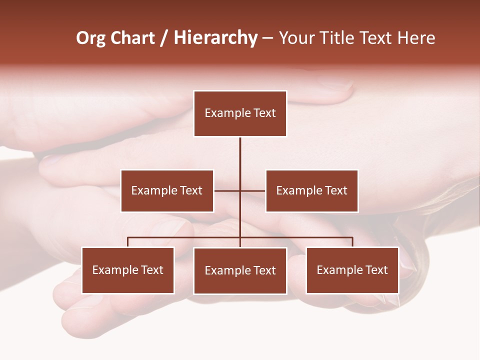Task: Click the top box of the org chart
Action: coord(240,113)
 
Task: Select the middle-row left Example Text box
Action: coord(167,190)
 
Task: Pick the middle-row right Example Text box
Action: coord(311,190)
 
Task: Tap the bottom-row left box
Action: coord(128,270)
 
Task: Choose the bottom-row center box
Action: coord(240,270)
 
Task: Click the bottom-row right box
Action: coord(352,270)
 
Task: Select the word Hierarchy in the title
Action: coord(215,38)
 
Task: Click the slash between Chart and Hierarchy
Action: coord(164,38)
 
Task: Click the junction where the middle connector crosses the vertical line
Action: coord(240,190)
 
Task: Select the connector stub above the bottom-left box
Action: coord(128,242)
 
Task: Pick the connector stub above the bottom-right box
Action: coord(352,242)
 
